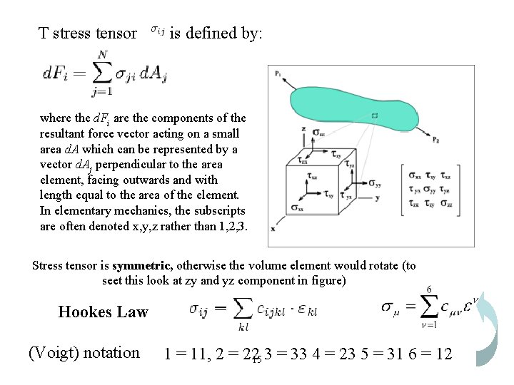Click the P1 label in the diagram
tap(276, 73)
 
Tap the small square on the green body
tap(375, 115)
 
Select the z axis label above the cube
tap(304, 129)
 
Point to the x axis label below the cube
tap(273, 228)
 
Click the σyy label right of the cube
tap(374, 183)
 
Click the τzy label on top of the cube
tap(336, 153)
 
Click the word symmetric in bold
tap(142, 266)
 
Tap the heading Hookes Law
tap(103, 312)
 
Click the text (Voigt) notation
tap(84, 352)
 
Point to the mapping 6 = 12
tap(428, 353)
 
